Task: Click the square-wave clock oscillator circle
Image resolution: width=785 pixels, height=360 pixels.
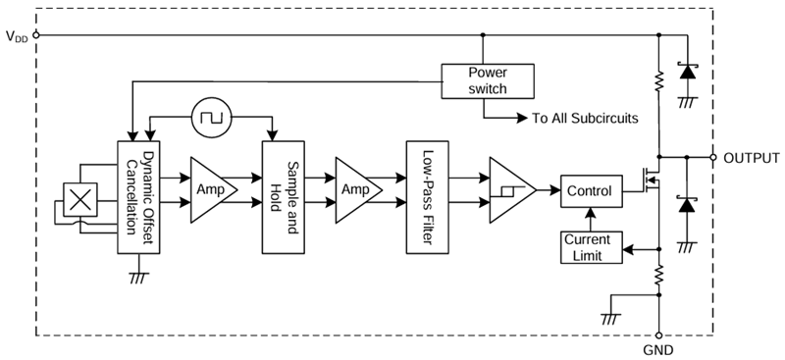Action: click(x=209, y=119)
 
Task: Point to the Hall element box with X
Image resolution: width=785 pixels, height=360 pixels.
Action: click(x=81, y=200)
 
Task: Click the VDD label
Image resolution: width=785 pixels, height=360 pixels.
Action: click(x=16, y=36)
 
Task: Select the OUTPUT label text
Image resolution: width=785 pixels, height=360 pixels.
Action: click(x=751, y=157)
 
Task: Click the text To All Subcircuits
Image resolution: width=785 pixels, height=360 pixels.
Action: click(x=585, y=119)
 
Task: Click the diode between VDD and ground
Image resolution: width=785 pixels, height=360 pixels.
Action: click(x=687, y=72)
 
